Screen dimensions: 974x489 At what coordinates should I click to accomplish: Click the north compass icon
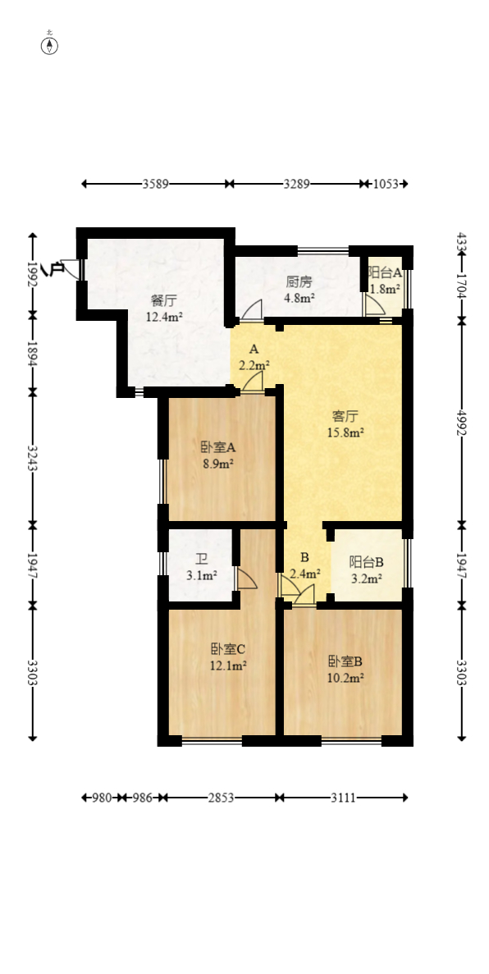pos(50,44)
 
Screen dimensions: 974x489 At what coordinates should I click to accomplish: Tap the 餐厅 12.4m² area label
pos(164,309)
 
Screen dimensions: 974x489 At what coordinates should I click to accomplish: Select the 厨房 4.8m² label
pos(299,290)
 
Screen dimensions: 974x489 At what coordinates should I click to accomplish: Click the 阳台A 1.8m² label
pos(385,280)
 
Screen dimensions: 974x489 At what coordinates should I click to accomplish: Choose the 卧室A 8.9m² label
pos(217,455)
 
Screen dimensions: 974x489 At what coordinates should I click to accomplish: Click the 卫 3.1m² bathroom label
pos(202,568)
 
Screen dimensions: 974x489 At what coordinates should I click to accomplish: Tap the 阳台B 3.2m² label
pos(366,570)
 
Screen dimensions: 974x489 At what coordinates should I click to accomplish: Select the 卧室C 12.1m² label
pos(229,657)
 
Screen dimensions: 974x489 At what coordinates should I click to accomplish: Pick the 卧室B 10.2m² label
pos(345,670)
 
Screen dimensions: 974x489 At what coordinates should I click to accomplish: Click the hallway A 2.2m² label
pos(254,357)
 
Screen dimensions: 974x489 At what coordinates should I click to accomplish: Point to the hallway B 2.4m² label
pos(304,565)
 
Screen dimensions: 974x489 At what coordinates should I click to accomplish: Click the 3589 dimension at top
pos(155,184)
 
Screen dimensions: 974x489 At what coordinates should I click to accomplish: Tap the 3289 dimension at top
pos(296,184)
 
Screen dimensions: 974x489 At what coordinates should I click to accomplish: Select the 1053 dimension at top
pos(386,184)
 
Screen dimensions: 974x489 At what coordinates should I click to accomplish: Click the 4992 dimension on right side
pos(462,421)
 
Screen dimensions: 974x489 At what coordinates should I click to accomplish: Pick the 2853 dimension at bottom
pos(221,797)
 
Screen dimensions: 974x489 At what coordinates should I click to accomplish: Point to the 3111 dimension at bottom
pos(343,797)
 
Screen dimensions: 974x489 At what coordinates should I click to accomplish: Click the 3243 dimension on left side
pos(33,457)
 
